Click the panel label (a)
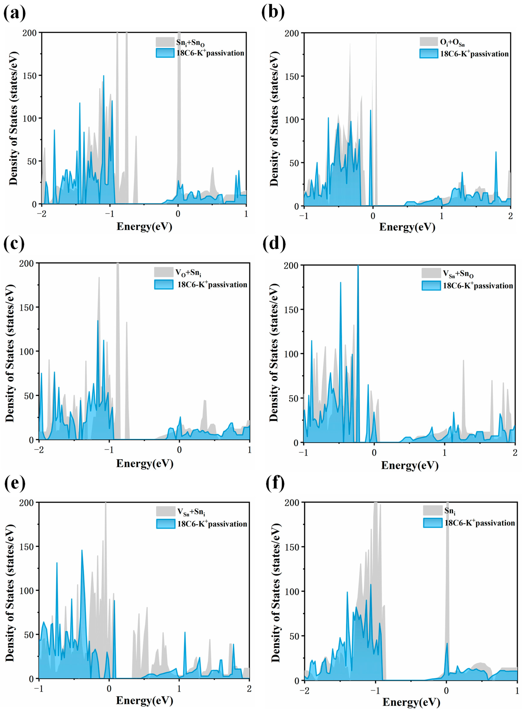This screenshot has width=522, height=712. coord(14,13)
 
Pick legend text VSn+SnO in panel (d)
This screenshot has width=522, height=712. coord(458,273)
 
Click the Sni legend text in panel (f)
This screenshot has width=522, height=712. coord(450,511)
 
